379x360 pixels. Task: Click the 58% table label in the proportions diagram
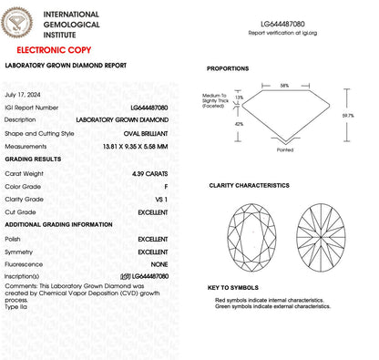click(x=284, y=86)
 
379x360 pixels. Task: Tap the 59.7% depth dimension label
click(x=360, y=116)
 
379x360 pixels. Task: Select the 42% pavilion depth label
click(x=239, y=123)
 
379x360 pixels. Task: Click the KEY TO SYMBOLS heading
click(x=232, y=288)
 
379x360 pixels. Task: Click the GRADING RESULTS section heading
click(x=34, y=159)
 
